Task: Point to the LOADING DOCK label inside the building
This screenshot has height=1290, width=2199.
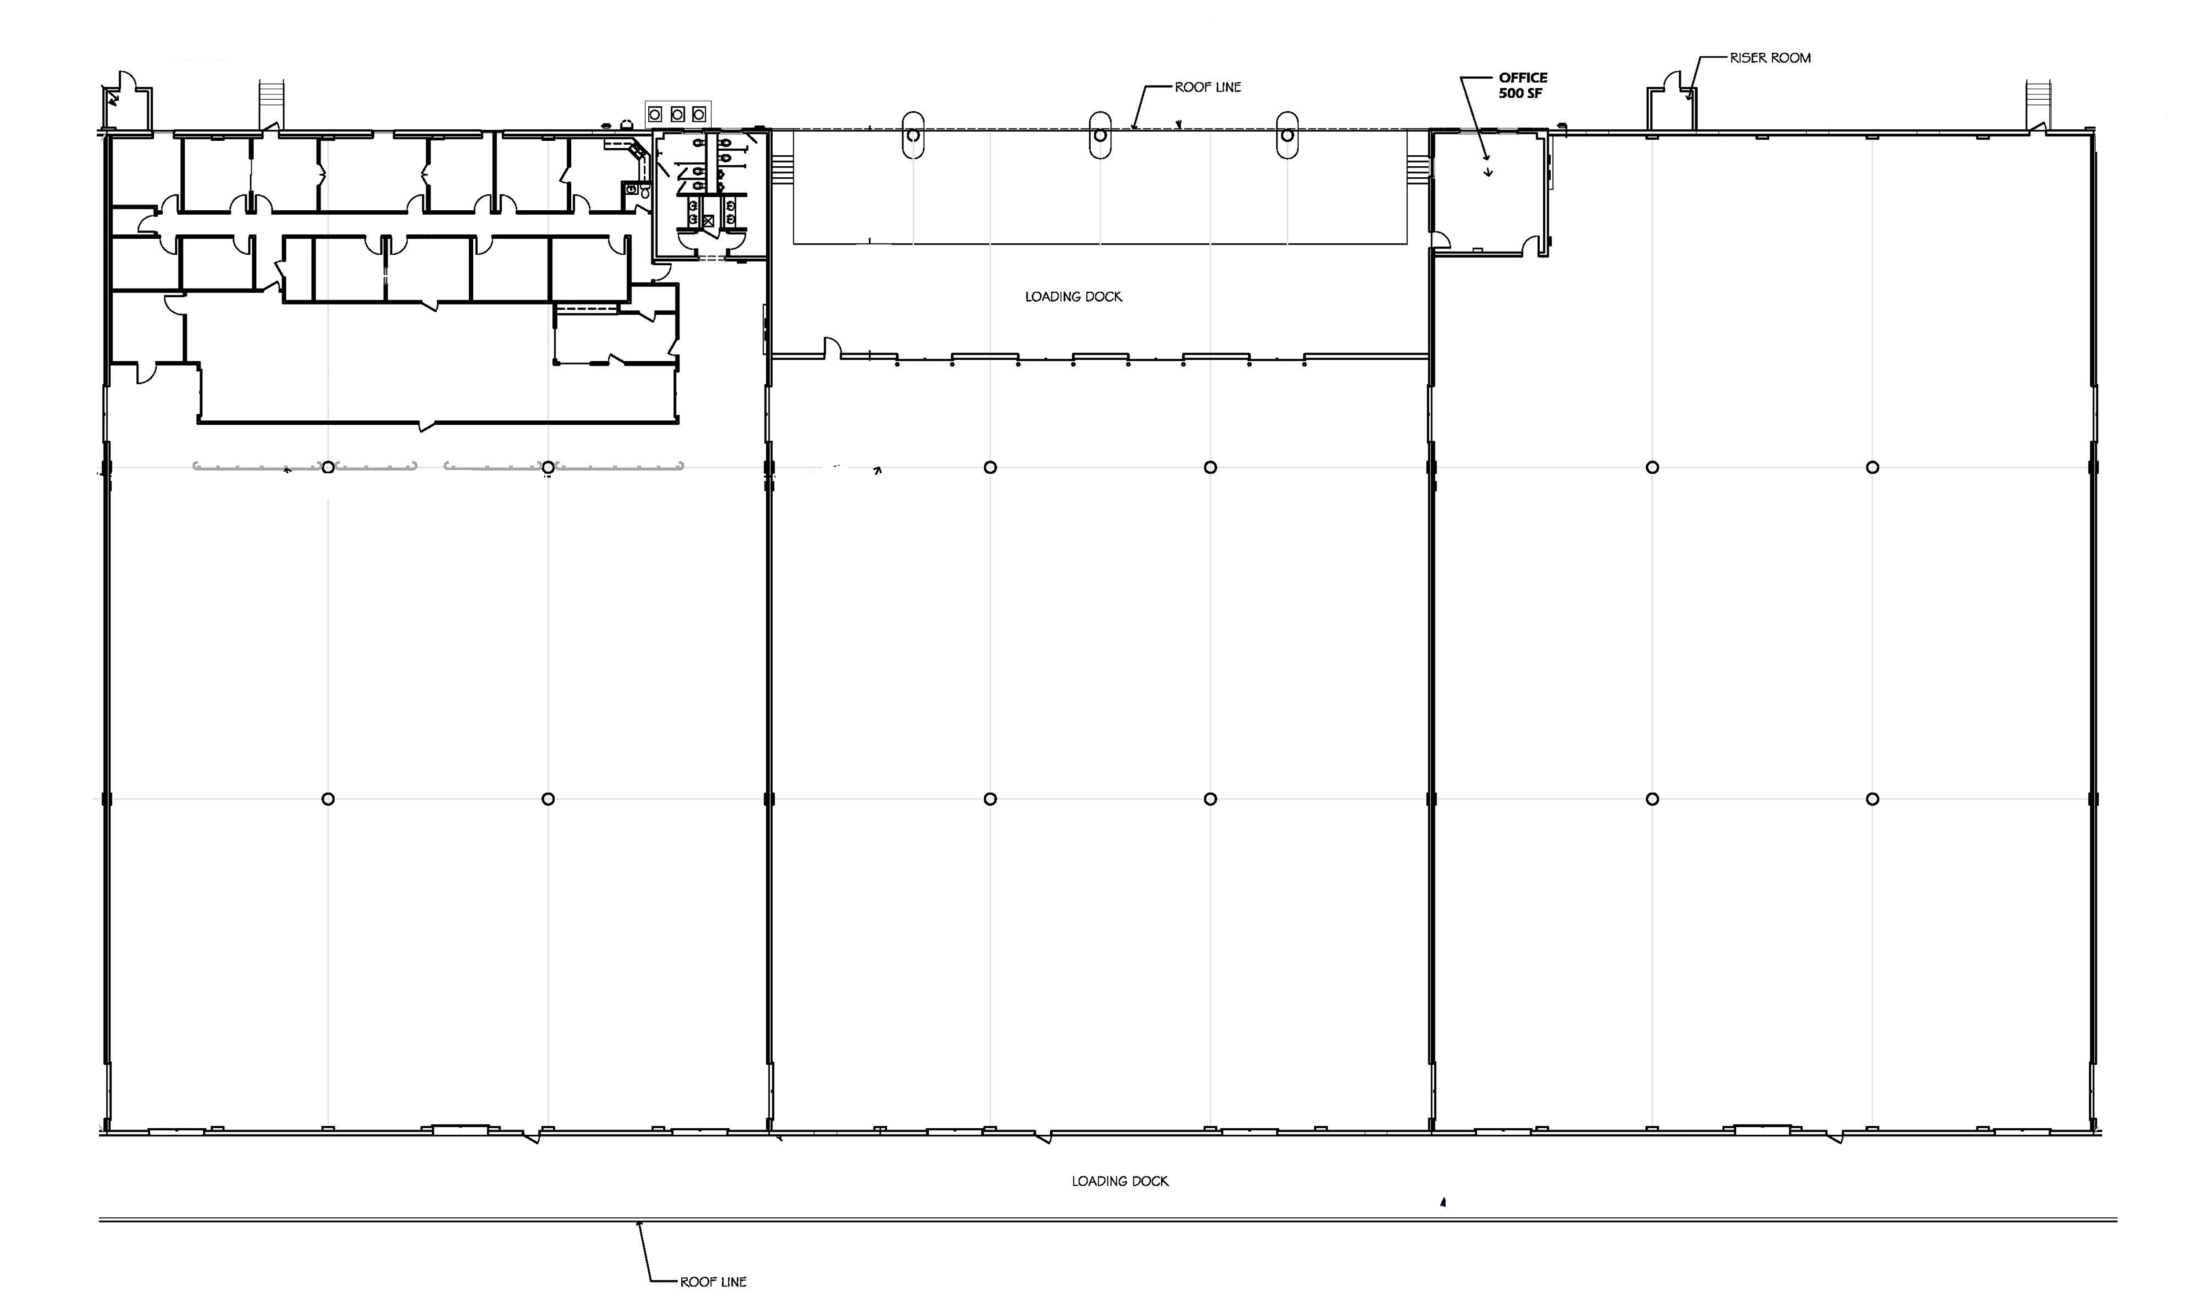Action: (x=1073, y=297)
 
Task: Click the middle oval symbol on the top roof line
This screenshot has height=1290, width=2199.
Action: (x=1100, y=135)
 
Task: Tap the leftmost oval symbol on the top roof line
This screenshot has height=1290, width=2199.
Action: (x=913, y=135)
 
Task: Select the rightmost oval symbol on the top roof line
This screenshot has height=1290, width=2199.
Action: (x=1287, y=135)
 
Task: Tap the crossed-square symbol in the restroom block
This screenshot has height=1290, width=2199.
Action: (x=708, y=221)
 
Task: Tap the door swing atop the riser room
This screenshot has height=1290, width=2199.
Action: (x=1673, y=80)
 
